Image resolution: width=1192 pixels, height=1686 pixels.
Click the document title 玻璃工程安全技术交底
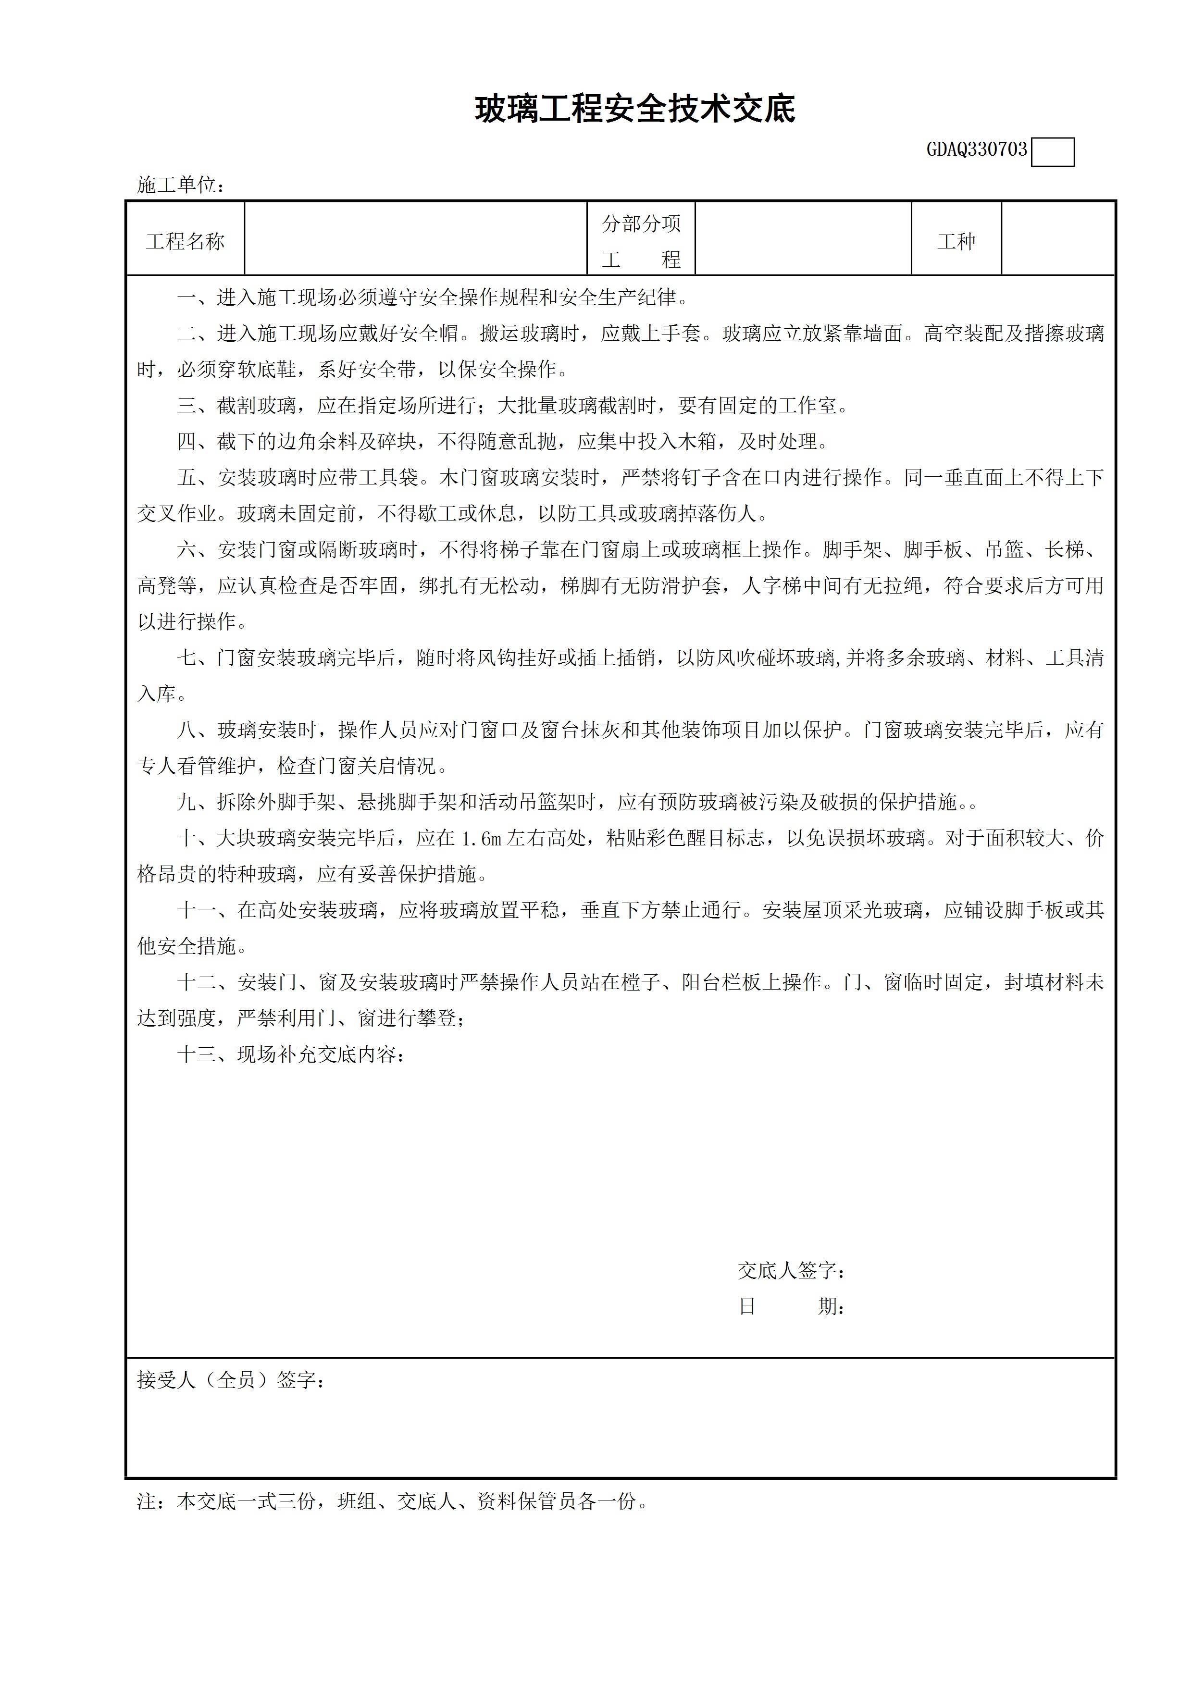point(634,110)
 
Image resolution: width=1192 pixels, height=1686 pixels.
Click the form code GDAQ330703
point(976,150)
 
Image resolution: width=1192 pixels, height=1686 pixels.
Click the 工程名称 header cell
point(185,242)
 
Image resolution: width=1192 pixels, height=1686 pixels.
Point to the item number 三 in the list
point(186,405)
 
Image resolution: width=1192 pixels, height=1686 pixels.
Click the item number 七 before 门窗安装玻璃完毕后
point(186,658)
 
